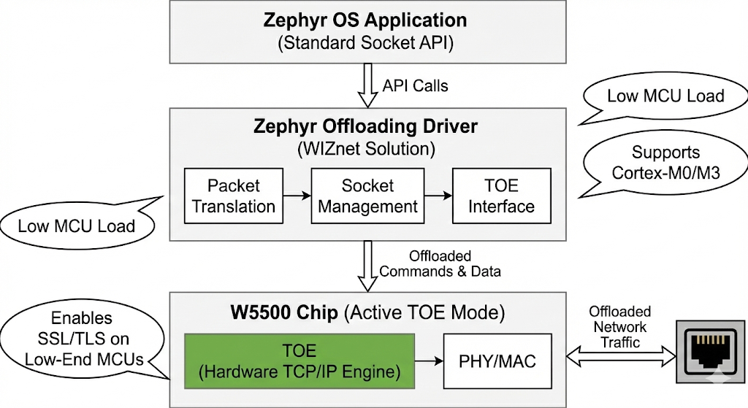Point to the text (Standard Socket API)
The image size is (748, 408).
click(x=365, y=42)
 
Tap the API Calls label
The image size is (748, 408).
click(x=415, y=85)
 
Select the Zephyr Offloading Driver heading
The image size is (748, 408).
click(x=365, y=126)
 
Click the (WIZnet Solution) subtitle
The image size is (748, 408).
click(x=365, y=150)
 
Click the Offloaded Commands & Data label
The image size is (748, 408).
click(x=440, y=263)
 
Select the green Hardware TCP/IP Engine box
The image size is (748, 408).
click(x=300, y=361)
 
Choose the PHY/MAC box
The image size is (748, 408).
click(x=497, y=361)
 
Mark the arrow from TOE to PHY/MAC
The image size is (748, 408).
click(x=430, y=361)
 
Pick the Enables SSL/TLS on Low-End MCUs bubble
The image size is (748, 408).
click(x=82, y=339)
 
